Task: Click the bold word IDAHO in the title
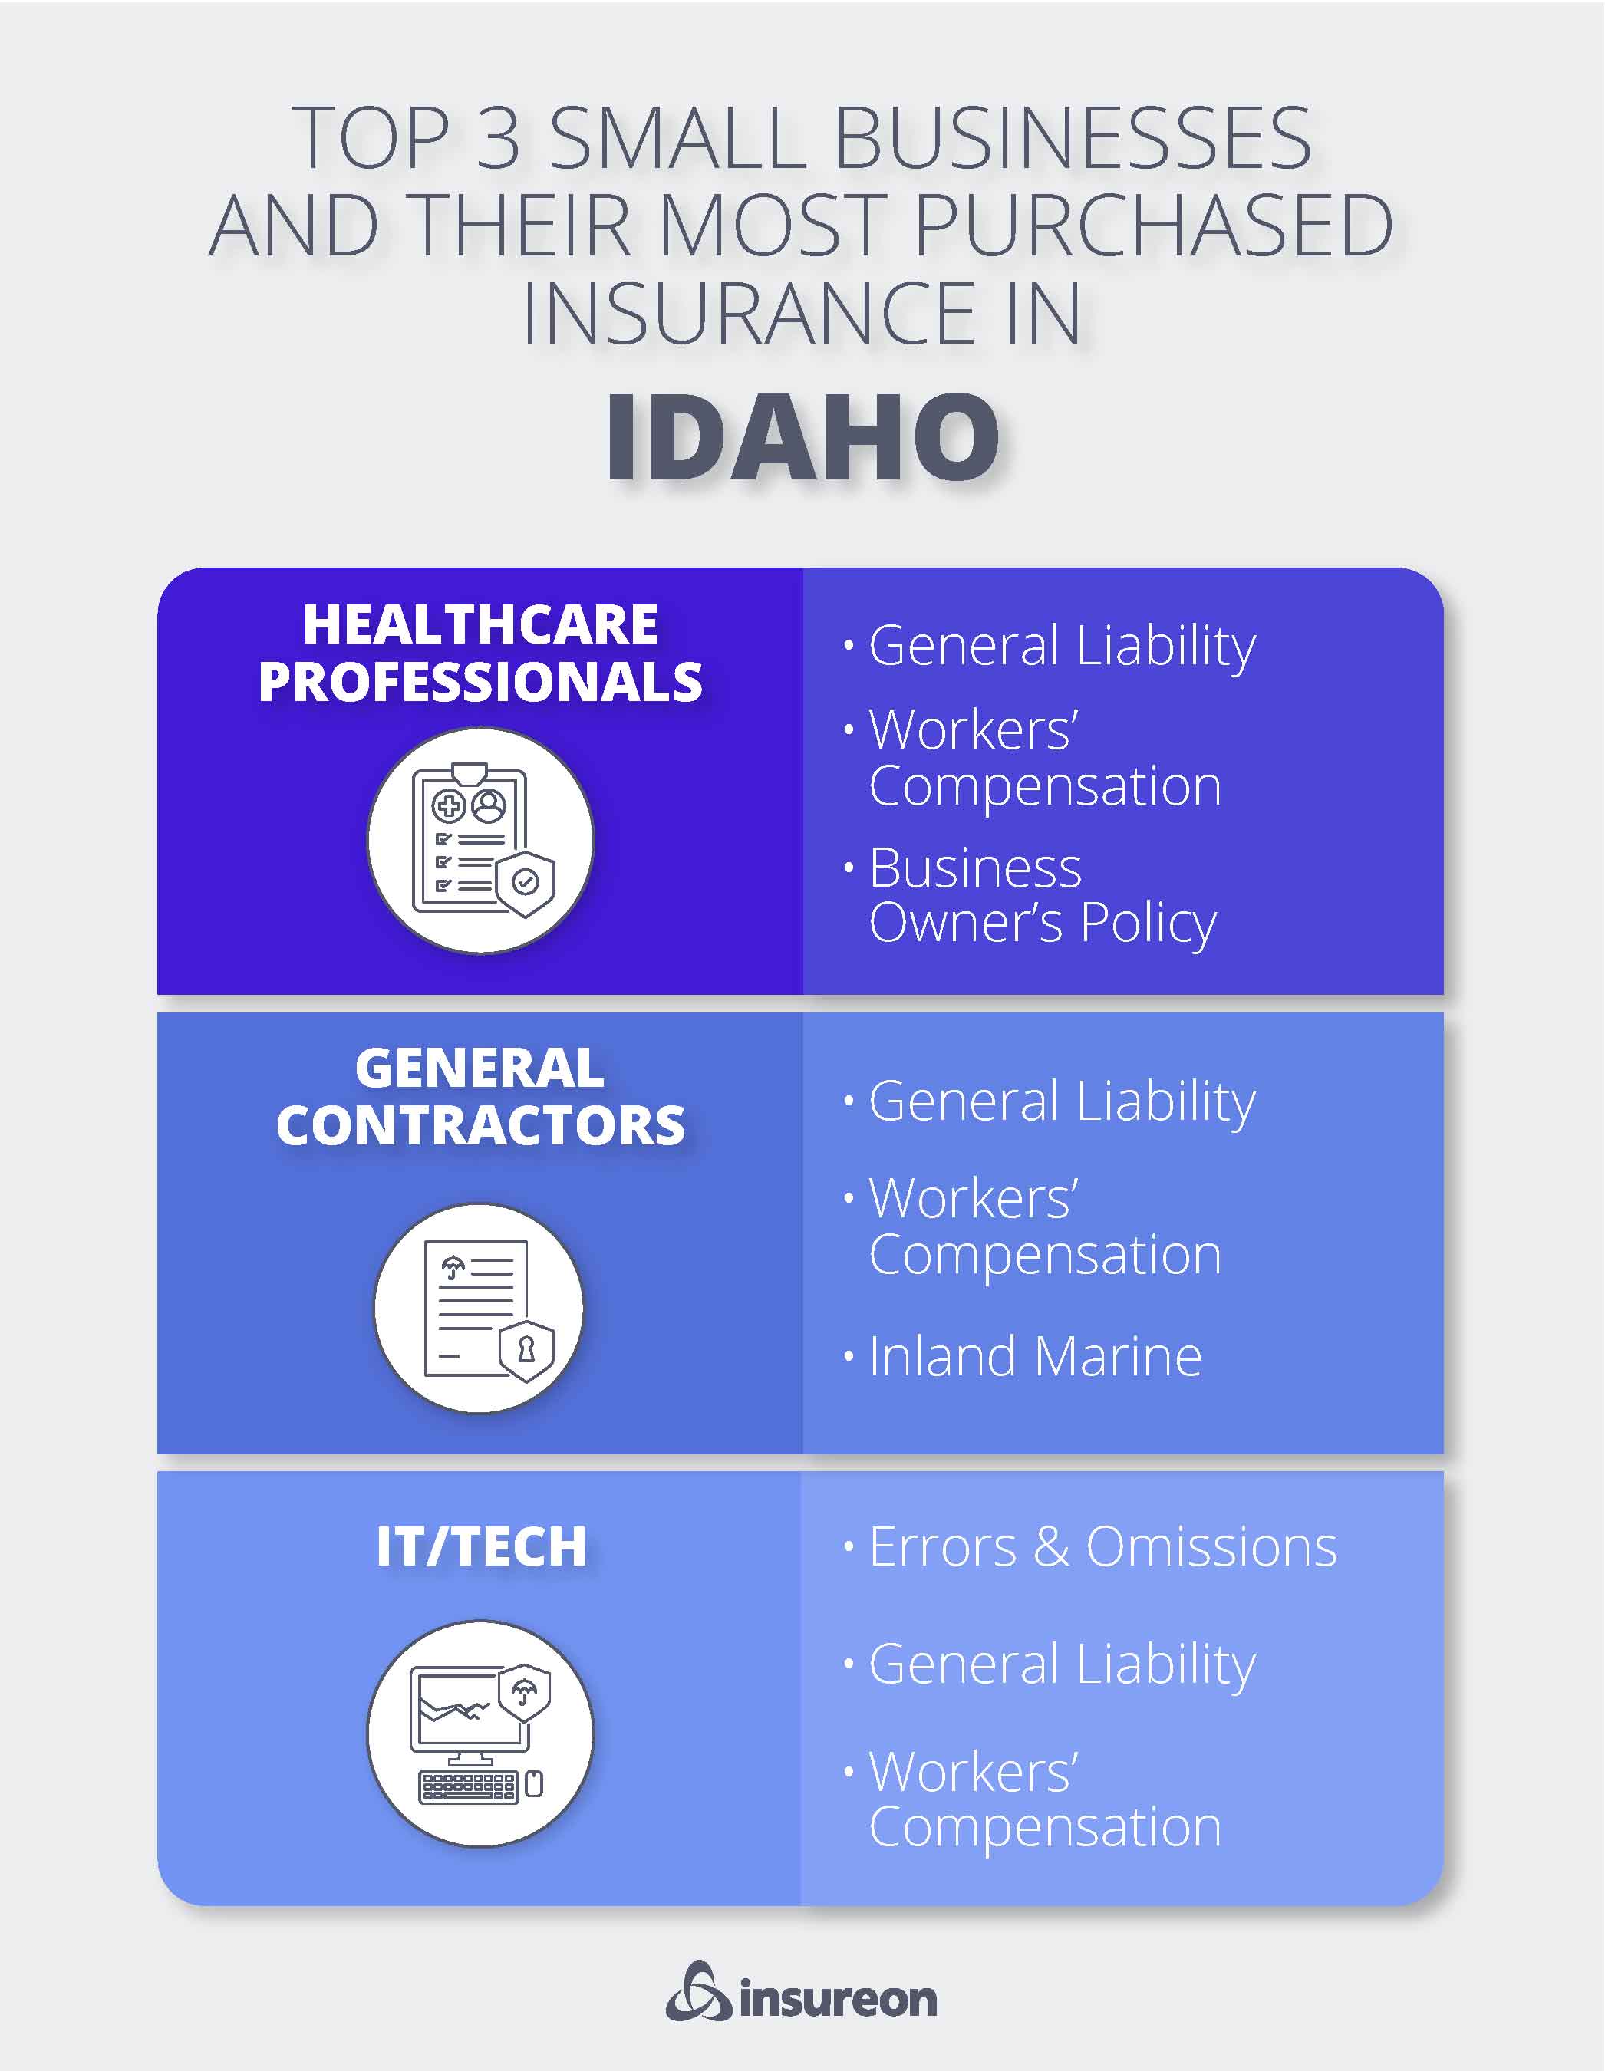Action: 802,437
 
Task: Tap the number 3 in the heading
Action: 498,138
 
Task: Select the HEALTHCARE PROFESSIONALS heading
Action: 480,654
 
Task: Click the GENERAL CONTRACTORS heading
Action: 480,1097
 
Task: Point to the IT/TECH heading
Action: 481,1546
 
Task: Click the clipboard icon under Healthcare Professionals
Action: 481,840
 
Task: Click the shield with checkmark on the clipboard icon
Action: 525,883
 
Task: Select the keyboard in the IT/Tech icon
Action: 469,1787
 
